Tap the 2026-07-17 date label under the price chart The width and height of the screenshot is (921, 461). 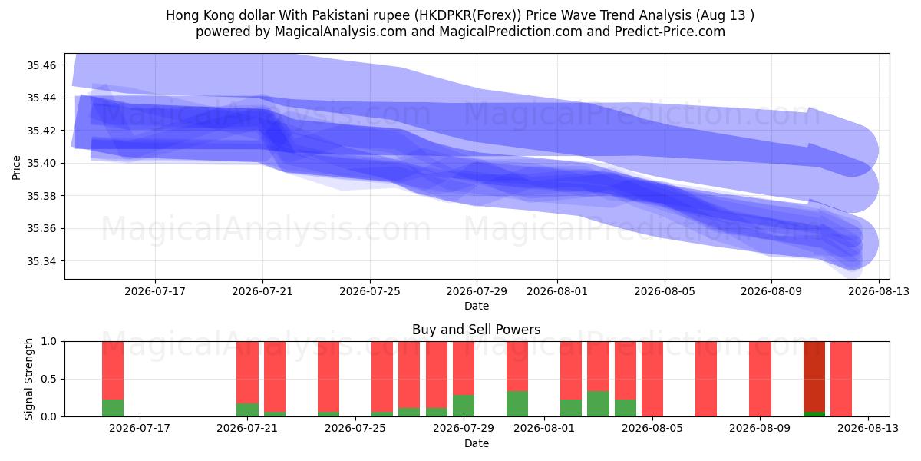pos(155,291)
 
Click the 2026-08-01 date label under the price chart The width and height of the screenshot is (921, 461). pos(557,291)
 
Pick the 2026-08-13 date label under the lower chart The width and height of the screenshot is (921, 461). pos(868,429)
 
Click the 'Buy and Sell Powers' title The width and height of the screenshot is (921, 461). pos(476,330)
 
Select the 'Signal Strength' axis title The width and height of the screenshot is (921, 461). pos(28,379)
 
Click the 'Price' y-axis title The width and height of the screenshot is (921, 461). pos(16,167)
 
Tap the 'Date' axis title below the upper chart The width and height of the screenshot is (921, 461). pos(477,307)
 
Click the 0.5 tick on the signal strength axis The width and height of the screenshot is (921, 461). pos(49,379)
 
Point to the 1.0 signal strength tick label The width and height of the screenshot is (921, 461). pos(49,342)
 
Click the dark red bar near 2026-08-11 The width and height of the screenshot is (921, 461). pos(814,376)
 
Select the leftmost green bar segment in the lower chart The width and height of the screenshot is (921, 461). pos(113,408)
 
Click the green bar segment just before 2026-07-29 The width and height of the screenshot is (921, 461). pos(464,406)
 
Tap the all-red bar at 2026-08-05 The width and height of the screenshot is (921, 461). pos(652,379)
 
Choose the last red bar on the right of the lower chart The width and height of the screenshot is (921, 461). pos(841,379)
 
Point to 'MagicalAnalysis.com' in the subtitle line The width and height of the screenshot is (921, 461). pos(341,32)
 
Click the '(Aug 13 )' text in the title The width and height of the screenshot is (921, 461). pos(725,15)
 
